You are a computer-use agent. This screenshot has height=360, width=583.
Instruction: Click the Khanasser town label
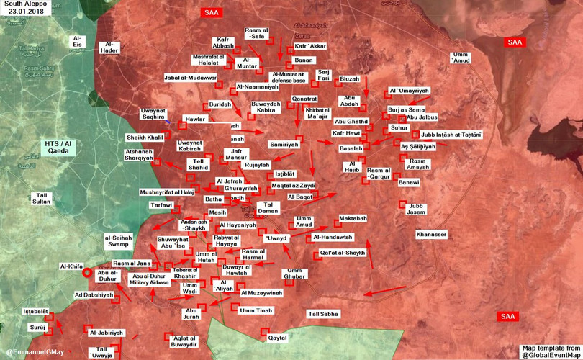(x=431, y=235)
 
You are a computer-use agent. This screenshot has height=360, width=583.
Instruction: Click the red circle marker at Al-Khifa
(x=87, y=273)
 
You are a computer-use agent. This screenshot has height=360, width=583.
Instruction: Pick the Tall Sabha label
(x=323, y=314)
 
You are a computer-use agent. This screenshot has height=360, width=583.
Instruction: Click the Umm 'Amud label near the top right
(x=460, y=58)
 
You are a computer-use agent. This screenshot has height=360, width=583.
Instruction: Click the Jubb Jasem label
(x=416, y=210)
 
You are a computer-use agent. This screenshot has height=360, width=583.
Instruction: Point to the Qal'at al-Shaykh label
(x=343, y=253)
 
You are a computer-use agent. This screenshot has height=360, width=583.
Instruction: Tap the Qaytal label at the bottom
(x=277, y=337)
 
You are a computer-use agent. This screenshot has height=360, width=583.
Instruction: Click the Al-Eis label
(x=77, y=40)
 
